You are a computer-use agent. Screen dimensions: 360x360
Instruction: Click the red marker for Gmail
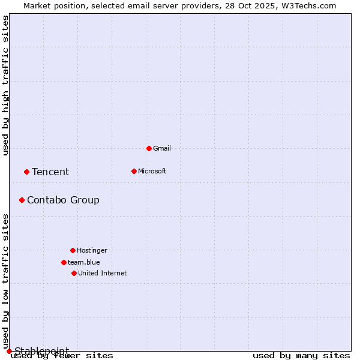tap(149, 148)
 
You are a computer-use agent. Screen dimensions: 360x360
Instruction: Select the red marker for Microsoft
tap(134, 171)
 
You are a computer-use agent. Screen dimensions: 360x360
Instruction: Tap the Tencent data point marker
tap(26, 172)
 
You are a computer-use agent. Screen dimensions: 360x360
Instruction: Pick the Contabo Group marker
tap(22, 200)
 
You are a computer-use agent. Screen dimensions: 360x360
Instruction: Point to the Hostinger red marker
tap(73, 250)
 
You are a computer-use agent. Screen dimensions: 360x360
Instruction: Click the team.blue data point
tap(64, 262)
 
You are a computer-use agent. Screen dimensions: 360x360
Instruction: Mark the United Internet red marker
tap(74, 273)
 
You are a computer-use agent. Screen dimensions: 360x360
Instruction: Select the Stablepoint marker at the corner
tap(9, 351)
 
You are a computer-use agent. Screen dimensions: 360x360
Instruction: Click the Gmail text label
tap(162, 148)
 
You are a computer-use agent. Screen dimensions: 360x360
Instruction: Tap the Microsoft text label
tap(152, 171)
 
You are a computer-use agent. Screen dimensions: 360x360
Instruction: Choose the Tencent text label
tap(50, 172)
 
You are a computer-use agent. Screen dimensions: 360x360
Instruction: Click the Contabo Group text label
tap(63, 200)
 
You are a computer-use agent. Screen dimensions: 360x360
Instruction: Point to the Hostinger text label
tap(92, 250)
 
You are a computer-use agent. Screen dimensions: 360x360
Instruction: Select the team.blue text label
tap(84, 262)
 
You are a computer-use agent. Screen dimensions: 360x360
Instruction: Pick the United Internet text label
tap(103, 273)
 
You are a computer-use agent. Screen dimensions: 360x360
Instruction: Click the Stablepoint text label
tap(42, 350)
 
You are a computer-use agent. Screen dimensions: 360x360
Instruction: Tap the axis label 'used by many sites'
tap(301, 356)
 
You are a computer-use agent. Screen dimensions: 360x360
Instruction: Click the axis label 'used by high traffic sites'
tap(5, 85)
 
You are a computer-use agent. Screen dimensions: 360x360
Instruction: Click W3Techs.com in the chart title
tap(308, 6)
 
